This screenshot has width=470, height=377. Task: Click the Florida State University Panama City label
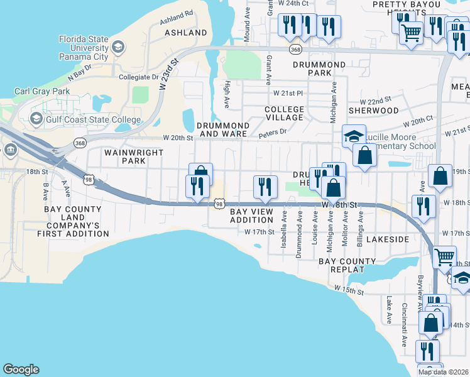[x=83, y=48]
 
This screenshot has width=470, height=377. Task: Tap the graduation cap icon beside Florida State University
[x=117, y=48]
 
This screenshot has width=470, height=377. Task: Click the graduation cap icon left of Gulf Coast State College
[x=36, y=119]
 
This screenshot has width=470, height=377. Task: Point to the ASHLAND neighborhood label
[x=185, y=32]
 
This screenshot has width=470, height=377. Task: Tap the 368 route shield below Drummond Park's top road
[x=296, y=48]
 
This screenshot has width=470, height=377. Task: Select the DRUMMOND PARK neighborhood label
[x=319, y=68]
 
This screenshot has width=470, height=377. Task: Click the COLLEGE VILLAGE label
[x=284, y=113]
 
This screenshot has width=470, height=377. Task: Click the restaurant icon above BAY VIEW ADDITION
[x=265, y=187]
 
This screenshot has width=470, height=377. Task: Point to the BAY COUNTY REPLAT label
[x=342, y=265]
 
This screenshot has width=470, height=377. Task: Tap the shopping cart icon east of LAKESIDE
[x=444, y=256]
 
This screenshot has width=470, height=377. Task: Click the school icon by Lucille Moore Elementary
[x=354, y=135]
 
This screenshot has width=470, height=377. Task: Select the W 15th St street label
[x=349, y=289]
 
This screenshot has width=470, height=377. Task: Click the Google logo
[x=21, y=369]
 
